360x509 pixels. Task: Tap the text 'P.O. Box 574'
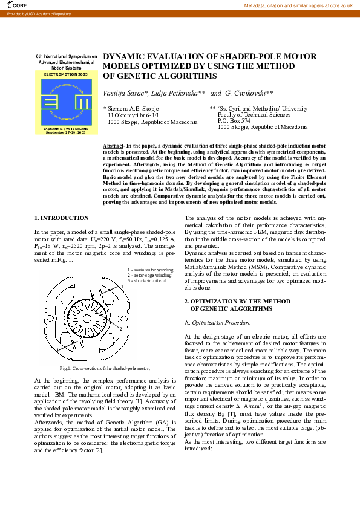(234, 121)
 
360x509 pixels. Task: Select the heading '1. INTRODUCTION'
(61, 218)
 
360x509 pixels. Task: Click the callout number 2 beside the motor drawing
(121, 328)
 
